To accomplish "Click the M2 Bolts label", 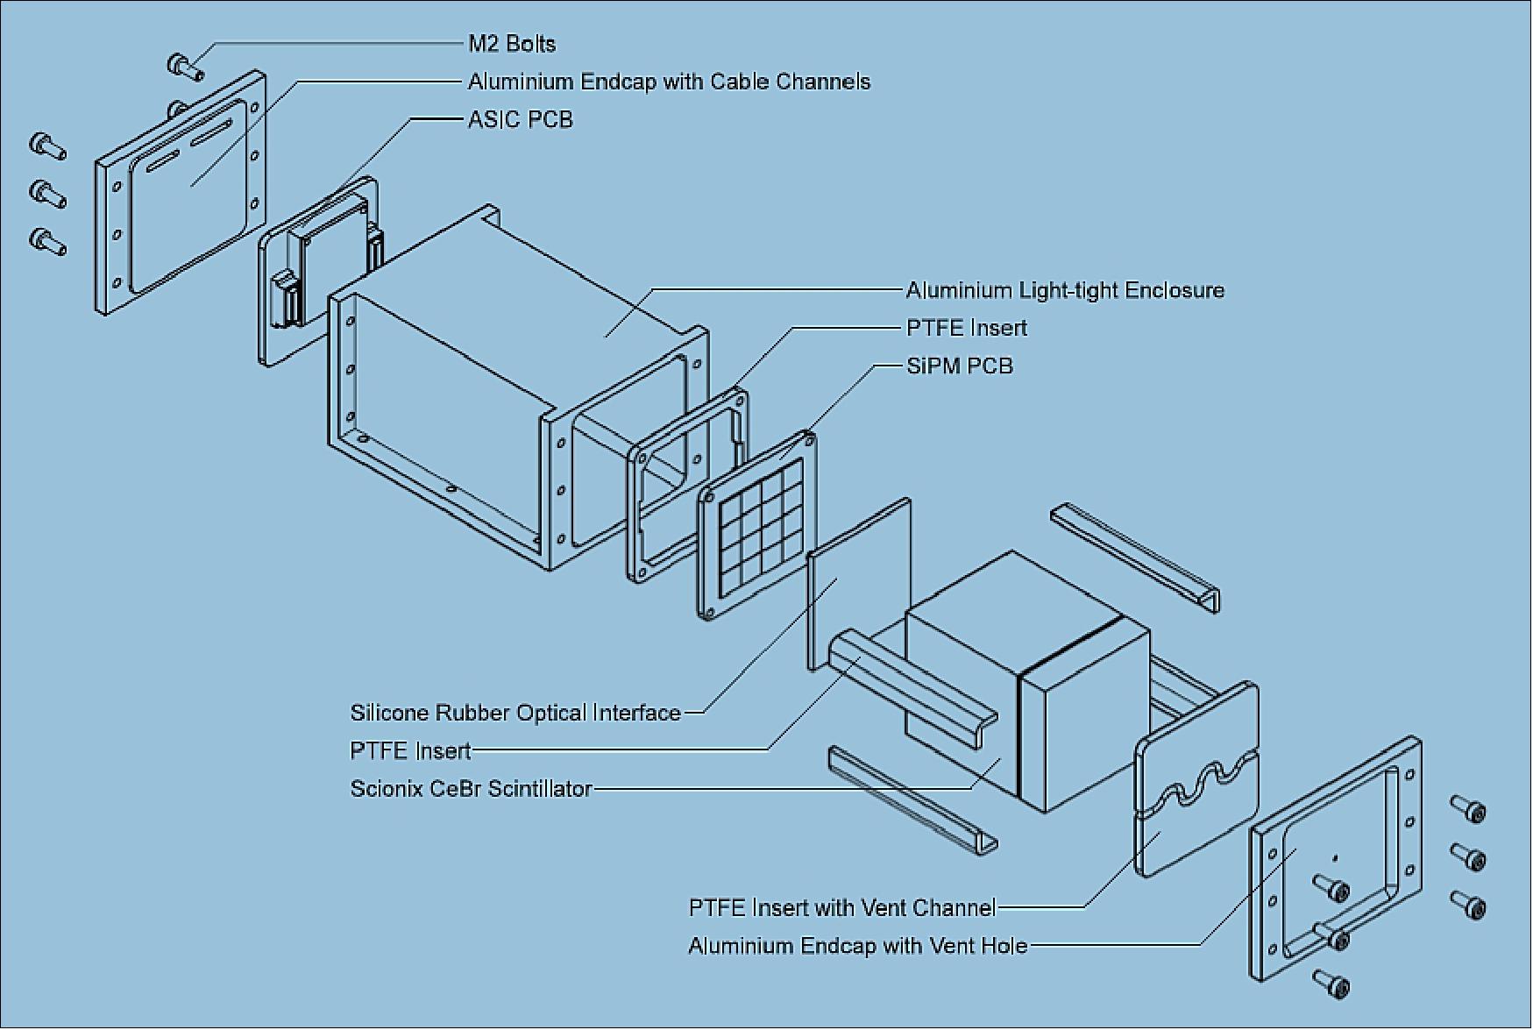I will pyautogui.click(x=512, y=44).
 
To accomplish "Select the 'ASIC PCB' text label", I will pyautogui.click(x=520, y=119).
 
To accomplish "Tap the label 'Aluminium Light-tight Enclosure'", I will pyautogui.click(x=1064, y=290).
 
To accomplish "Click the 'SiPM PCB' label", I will pyautogui.click(x=959, y=366).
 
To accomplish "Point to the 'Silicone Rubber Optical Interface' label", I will pyautogui.click(x=515, y=713).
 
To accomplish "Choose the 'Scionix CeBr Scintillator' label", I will pyautogui.click(x=471, y=789).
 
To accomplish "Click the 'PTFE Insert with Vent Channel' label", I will pyautogui.click(x=841, y=907).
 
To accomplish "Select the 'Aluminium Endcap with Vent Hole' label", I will pyautogui.click(x=857, y=946).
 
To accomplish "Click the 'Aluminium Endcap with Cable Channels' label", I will pyautogui.click(x=669, y=82).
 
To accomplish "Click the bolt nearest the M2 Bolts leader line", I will pyautogui.click(x=184, y=65).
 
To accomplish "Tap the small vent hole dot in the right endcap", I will pyautogui.click(x=1334, y=858).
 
